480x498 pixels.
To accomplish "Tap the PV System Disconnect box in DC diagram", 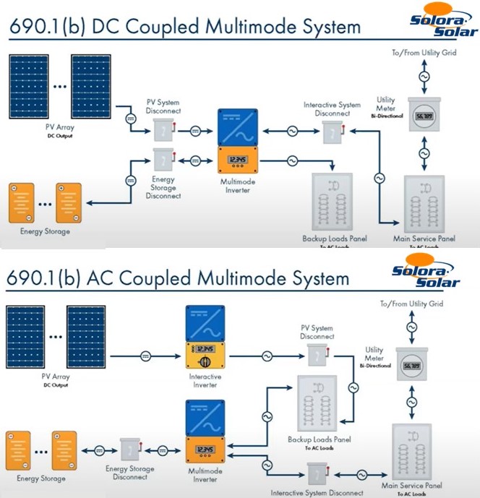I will (163, 129).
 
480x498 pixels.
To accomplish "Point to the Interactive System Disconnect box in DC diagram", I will (331, 131).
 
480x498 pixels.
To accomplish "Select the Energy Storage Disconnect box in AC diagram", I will (130, 449).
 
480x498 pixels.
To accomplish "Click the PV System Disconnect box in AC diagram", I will (317, 354).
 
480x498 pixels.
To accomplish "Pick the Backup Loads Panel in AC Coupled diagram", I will (318, 404).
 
